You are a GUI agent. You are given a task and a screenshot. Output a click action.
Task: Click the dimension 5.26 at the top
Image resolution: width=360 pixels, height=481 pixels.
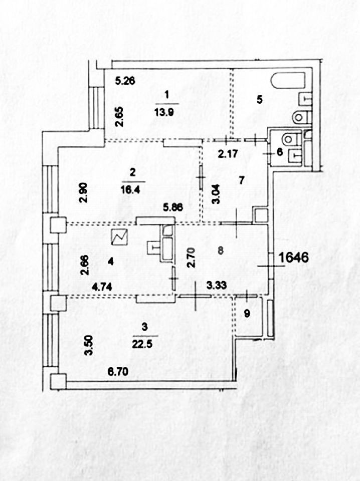[x=125, y=80]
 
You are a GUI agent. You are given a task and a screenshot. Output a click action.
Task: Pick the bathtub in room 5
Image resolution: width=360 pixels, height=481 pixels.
[x=288, y=81]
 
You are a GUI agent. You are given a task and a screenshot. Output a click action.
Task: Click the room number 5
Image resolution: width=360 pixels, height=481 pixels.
[x=259, y=99]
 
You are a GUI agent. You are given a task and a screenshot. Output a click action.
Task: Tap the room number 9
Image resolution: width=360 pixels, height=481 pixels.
[x=246, y=314]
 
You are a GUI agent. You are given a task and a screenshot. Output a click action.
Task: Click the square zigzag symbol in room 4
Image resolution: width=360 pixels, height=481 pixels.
[x=120, y=237]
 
